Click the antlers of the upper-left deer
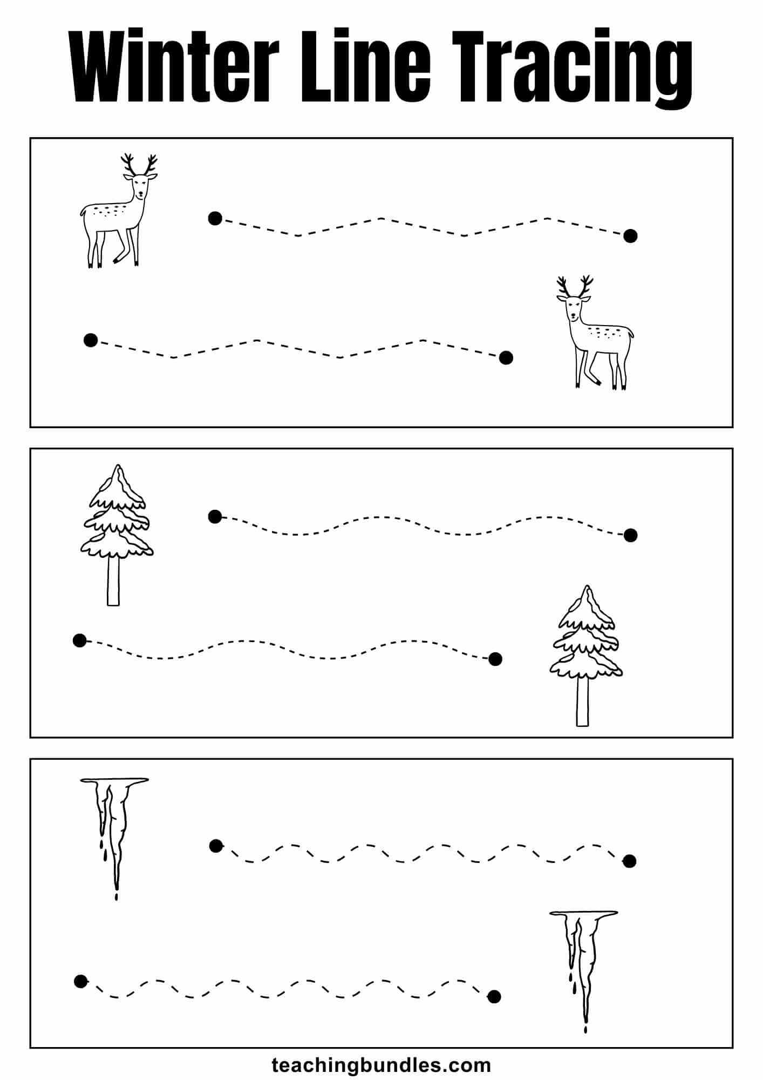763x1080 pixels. pos(139,164)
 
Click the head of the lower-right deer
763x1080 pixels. pos(575,307)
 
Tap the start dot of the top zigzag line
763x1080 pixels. pos(215,218)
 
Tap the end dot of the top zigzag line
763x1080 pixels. pos(630,235)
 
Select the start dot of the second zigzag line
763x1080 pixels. pos(91,340)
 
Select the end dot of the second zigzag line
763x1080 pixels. pos(506,357)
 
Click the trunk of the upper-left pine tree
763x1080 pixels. pos(113,580)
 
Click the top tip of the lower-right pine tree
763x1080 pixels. pos(587,589)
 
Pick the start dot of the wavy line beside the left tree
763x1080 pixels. pos(215,517)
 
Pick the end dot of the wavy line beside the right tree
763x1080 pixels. pos(495,658)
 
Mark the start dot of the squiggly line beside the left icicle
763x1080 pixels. pos(216,846)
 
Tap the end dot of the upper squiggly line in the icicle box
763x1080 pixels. pos(629,861)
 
